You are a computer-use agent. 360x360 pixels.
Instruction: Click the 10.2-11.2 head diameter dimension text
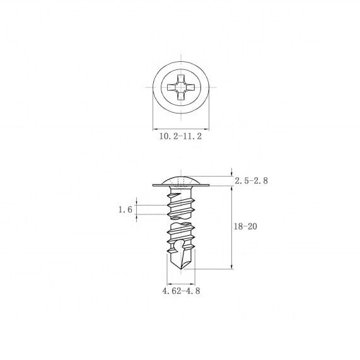pos(180,135)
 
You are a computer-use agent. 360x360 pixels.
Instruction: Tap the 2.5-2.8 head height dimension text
pos(251,181)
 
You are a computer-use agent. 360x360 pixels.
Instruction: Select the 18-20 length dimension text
pos(246,226)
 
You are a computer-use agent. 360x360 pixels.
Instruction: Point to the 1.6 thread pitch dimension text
pos(125,210)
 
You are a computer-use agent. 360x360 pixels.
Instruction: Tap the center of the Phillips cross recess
pos(180,87)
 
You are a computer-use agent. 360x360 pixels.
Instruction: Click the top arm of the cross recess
pos(180,78)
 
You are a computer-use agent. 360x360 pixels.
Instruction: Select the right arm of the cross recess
pos(190,87)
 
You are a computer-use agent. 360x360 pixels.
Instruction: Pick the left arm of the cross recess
pos(171,87)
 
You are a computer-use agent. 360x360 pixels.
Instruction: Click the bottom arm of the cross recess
pos(180,96)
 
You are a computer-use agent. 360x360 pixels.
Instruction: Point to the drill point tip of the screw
pos(180,273)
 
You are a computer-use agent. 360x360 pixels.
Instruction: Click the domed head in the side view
pos(180,180)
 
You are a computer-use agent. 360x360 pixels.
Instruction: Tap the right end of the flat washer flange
pos(207,185)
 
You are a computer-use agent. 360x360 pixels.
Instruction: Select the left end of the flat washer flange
pos(154,185)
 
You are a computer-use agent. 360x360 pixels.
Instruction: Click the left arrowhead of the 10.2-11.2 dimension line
pos(155,125)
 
